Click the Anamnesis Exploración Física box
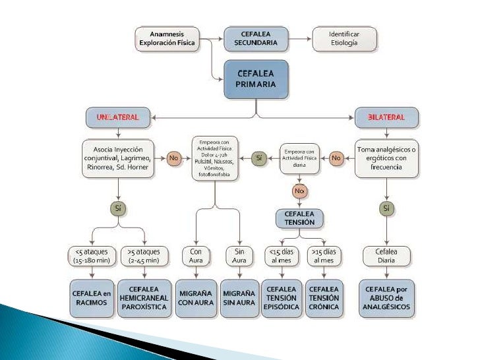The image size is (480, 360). click(167, 38)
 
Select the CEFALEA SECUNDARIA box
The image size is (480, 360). click(255, 38)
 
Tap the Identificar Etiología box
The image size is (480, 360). click(344, 38)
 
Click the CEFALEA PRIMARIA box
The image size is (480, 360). click(255, 80)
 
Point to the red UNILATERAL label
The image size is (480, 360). click(118, 117)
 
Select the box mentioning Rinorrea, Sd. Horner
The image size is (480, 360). click(119, 158)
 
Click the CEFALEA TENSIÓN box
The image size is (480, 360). click(300, 219)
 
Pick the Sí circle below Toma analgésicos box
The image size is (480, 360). click(386, 208)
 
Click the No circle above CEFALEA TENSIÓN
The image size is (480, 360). click(300, 191)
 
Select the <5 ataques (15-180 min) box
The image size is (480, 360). click(92, 256)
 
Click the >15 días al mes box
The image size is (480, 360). click(324, 256)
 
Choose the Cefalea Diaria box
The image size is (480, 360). click(386, 256)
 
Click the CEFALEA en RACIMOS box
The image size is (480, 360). click(92, 297)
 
